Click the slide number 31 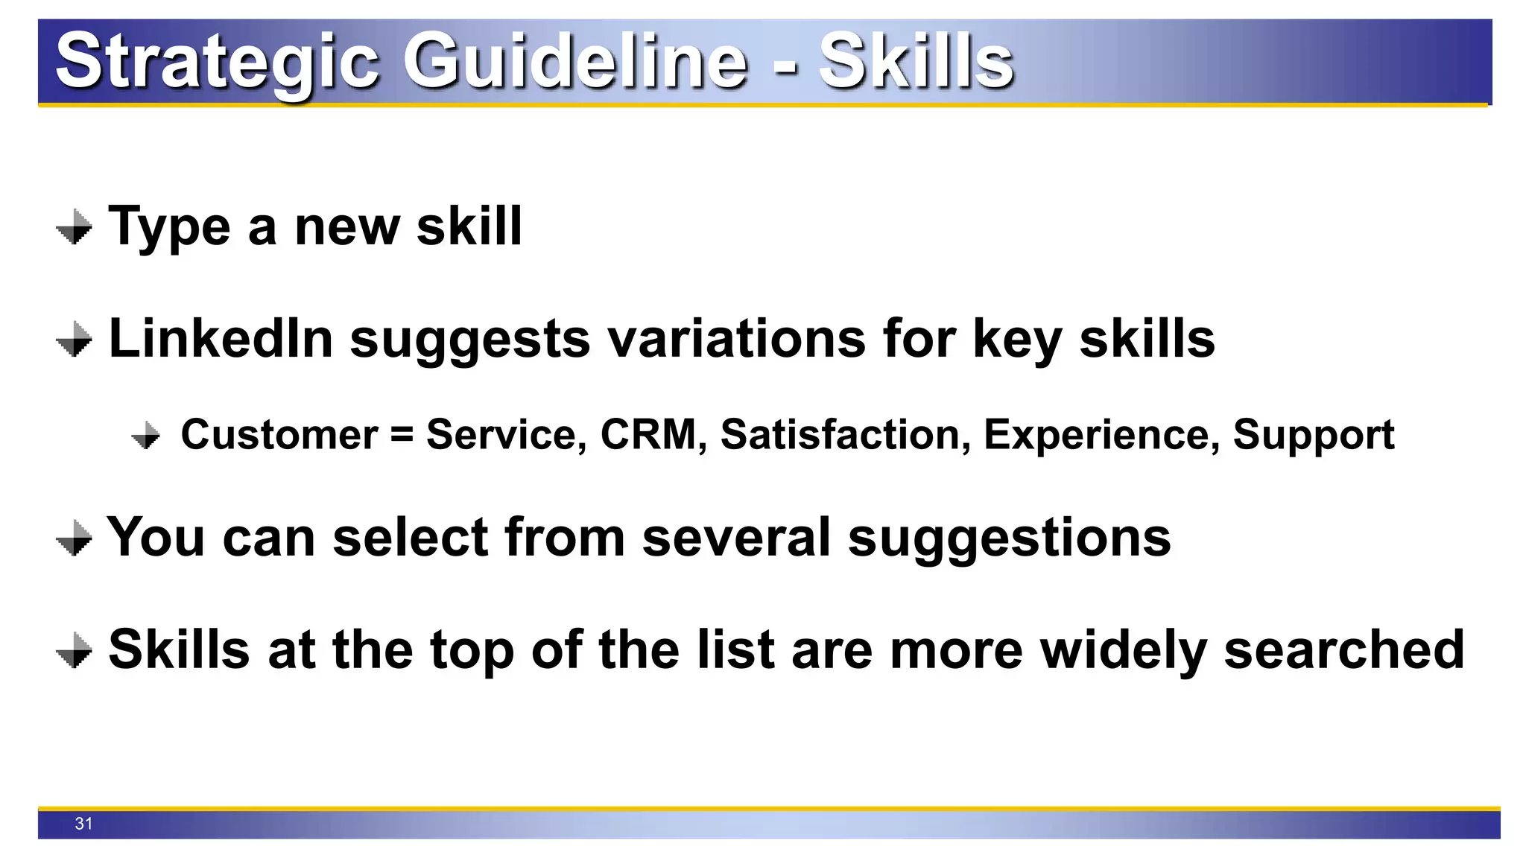tap(83, 824)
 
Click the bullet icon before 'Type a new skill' tap(74, 226)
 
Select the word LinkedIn tap(221, 339)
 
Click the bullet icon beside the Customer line tap(145, 435)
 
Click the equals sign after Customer tap(402, 434)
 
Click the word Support tap(1313, 435)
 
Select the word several tap(735, 537)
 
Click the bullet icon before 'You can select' tap(74, 537)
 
